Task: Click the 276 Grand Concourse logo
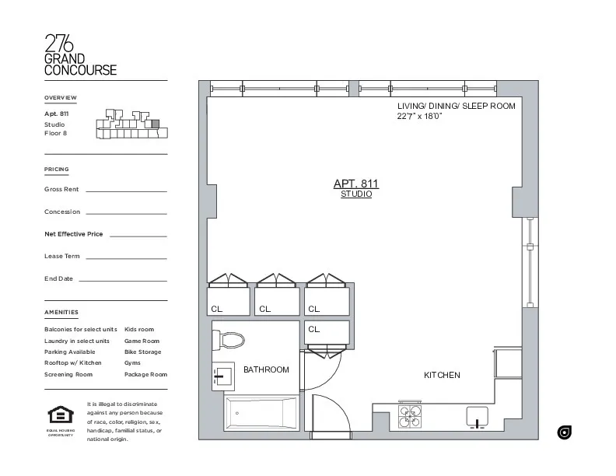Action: (80, 55)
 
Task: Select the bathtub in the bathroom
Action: (260, 412)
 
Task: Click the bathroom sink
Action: (223, 376)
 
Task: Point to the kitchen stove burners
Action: (410, 417)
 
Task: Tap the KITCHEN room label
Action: (442, 375)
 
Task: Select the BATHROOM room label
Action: (266, 370)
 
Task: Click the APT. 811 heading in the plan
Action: (356, 184)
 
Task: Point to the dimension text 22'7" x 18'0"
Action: (419, 117)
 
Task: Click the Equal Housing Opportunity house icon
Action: (60, 415)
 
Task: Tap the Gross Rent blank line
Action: (125, 191)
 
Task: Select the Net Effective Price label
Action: (73, 234)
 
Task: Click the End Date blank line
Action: (122, 280)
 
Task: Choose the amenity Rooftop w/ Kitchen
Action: (73, 363)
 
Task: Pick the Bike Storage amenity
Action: (143, 352)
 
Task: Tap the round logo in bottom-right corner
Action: (565, 432)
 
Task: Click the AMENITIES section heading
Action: (61, 313)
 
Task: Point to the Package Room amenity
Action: (145, 375)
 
